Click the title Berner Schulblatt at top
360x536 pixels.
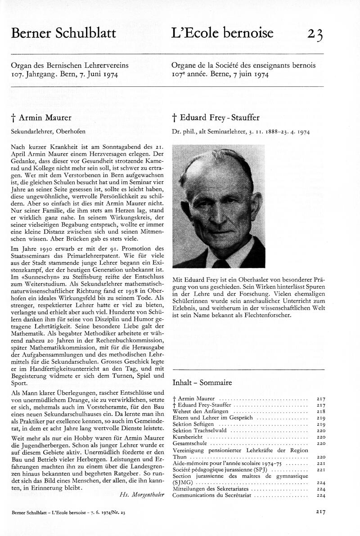(x=63, y=33)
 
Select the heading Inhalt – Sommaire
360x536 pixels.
(x=202, y=383)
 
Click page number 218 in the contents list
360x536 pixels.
(x=321, y=411)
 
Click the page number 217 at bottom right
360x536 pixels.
(x=320, y=512)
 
